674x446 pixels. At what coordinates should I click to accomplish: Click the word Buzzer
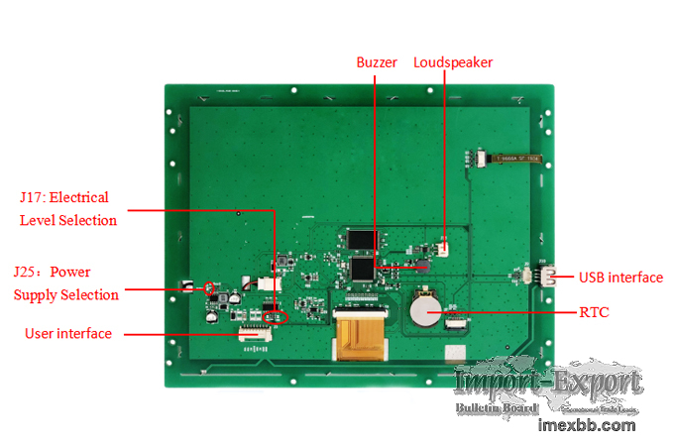click(x=377, y=62)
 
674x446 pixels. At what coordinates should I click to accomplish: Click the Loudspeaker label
click(x=453, y=62)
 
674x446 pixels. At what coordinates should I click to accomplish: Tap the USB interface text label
click(x=621, y=278)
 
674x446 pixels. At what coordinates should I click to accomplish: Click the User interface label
click(x=68, y=334)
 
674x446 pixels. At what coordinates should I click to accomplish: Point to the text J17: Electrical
click(x=64, y=197)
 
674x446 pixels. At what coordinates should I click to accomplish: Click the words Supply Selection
click(x=66, y=294)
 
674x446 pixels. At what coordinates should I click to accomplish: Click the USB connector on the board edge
click(x=548, y=278)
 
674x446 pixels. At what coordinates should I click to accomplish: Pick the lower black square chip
click(x=364, y=268)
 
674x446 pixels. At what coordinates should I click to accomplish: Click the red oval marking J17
click(x=278, y=317)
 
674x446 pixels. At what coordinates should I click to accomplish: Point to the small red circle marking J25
click(x=209, y=288)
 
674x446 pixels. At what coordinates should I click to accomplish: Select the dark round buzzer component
click(x=422, y=266)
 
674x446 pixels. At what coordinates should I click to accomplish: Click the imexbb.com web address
click(x=586, y=425)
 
